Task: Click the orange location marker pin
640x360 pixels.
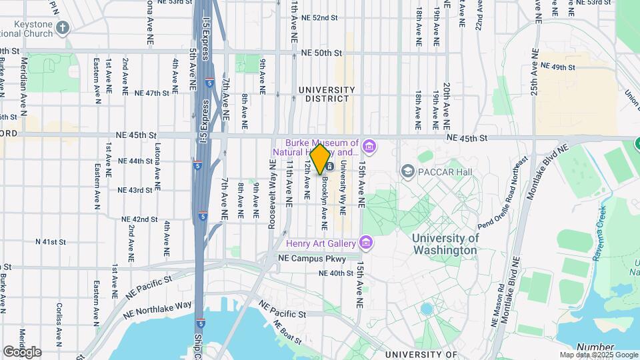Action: [x=320, y=159]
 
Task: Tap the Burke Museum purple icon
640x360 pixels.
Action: [x=369, y=145]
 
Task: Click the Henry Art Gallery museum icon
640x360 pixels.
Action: [x=365, y=241]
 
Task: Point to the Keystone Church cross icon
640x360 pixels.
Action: [x=63, y=28]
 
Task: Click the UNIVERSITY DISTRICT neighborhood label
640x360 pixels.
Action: [x=327, y=94]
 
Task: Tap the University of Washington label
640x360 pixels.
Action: [x=445, y=244]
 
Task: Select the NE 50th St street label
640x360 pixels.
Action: [x=321, y=52]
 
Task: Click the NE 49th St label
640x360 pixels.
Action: [x=558, y=67]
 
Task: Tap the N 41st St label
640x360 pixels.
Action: [x=51, y=241]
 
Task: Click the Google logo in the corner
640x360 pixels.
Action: [x=22, y=351]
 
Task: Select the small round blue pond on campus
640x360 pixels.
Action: [x=426, y=309]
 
